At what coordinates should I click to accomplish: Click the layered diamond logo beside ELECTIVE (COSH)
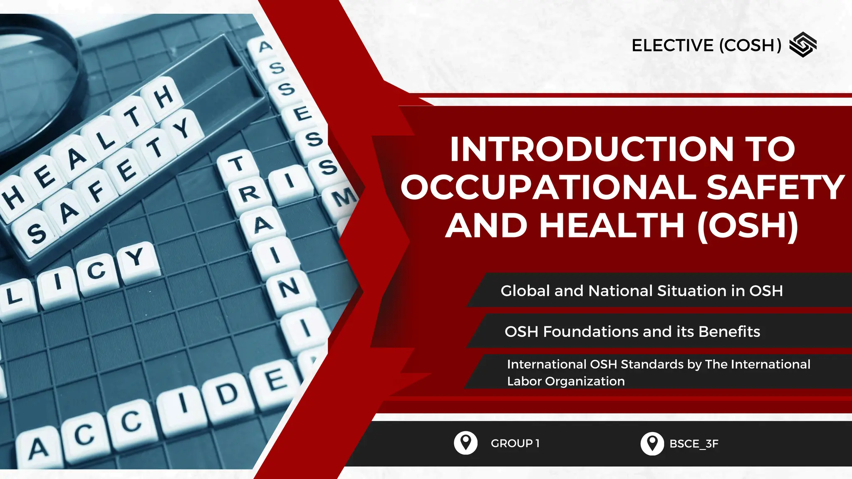click(803, 44)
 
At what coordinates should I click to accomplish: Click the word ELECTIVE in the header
click(672, 45)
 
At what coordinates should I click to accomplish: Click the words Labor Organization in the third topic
click(566, 381)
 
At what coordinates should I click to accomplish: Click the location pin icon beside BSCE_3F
click(652, 443)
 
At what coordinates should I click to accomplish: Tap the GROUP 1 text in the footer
click(515, 443)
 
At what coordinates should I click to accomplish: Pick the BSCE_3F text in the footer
click(693, 444)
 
